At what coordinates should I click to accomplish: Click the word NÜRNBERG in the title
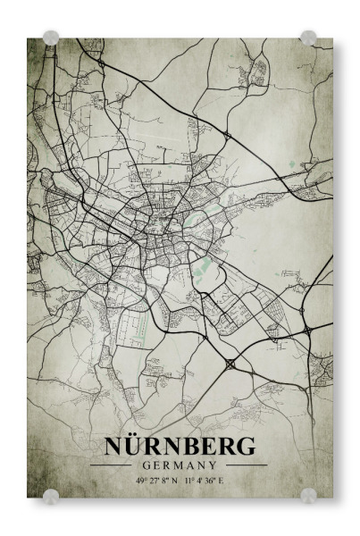(x=179, y=446)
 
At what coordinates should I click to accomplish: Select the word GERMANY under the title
(x=179, y=465)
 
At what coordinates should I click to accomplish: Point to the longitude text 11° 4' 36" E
(x=205, y=481)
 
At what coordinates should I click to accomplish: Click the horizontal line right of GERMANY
(x=245, y=465)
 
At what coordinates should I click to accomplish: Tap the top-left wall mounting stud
(x=51, y=38)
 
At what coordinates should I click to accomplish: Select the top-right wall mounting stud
(x=308, y=38)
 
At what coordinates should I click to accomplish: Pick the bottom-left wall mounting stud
(x=51, y=495)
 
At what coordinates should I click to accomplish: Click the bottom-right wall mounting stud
(x=308, y=495)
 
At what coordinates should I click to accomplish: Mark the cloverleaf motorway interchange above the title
(x=231, y=364)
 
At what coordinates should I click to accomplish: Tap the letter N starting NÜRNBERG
(x=113, y=446)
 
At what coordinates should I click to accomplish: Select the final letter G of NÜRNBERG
(x=245, y=446)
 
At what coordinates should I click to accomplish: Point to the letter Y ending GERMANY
(x=213, y=465)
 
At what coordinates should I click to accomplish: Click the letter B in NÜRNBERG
(x=187, y=446)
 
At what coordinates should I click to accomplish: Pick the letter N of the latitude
(x=175, y=481)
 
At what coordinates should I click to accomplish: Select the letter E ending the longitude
(x=223, y=481)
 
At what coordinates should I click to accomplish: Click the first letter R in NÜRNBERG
(x=150, y=446)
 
